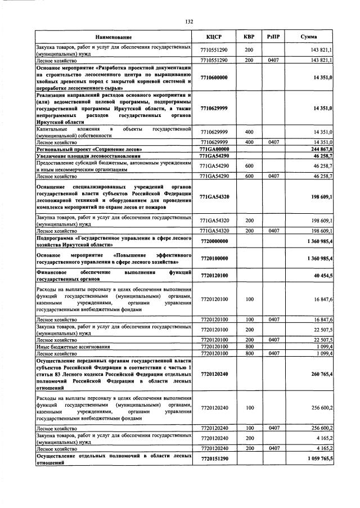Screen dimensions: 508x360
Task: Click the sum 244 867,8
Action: [321, 149]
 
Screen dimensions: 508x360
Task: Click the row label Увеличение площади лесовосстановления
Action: [87, 155]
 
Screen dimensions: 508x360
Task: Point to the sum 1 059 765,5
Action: [318, 459]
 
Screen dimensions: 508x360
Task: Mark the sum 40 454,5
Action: [322, 276]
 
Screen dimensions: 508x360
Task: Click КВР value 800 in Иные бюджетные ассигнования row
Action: [249, 347]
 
